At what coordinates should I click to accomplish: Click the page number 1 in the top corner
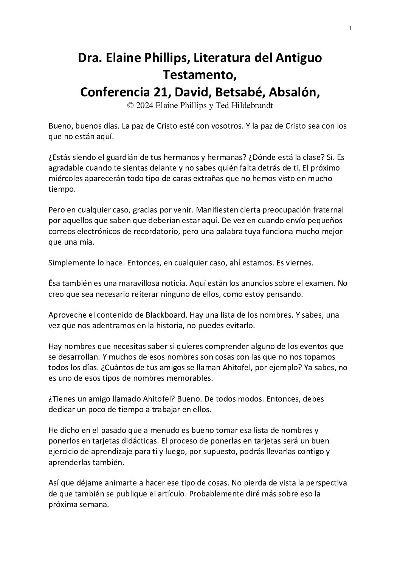click(350, 28)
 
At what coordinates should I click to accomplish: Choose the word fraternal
click(328, 209)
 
